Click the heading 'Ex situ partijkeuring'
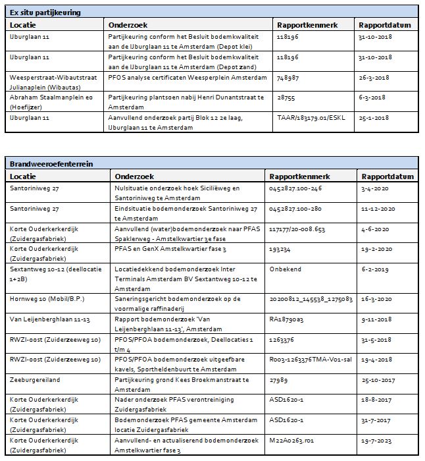click(44, 13)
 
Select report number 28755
click(286, 97)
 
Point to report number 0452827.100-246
click(296, 188)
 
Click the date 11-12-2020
click(380, 208)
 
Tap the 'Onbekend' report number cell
click(286, 269)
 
